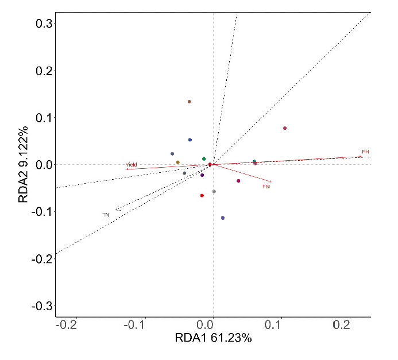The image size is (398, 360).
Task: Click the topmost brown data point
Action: point(189,102)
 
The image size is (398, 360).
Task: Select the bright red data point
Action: point(202,195)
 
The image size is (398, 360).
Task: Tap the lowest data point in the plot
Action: point(223,218)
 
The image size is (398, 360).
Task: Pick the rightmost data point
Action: point(285,128)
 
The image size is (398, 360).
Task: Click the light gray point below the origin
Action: point(214,191)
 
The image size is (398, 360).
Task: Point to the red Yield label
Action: point(132,165)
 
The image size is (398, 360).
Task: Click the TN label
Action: point(106,215)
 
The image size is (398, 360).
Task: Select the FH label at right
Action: point(365,152)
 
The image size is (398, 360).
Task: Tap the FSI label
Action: point(266,187)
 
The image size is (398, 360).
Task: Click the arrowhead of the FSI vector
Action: point(271,181)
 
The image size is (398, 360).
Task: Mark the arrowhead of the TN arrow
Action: point(117,209)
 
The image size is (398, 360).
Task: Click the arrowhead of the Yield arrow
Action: point(127,169)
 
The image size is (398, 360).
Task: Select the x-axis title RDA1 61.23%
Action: point(213,338)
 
